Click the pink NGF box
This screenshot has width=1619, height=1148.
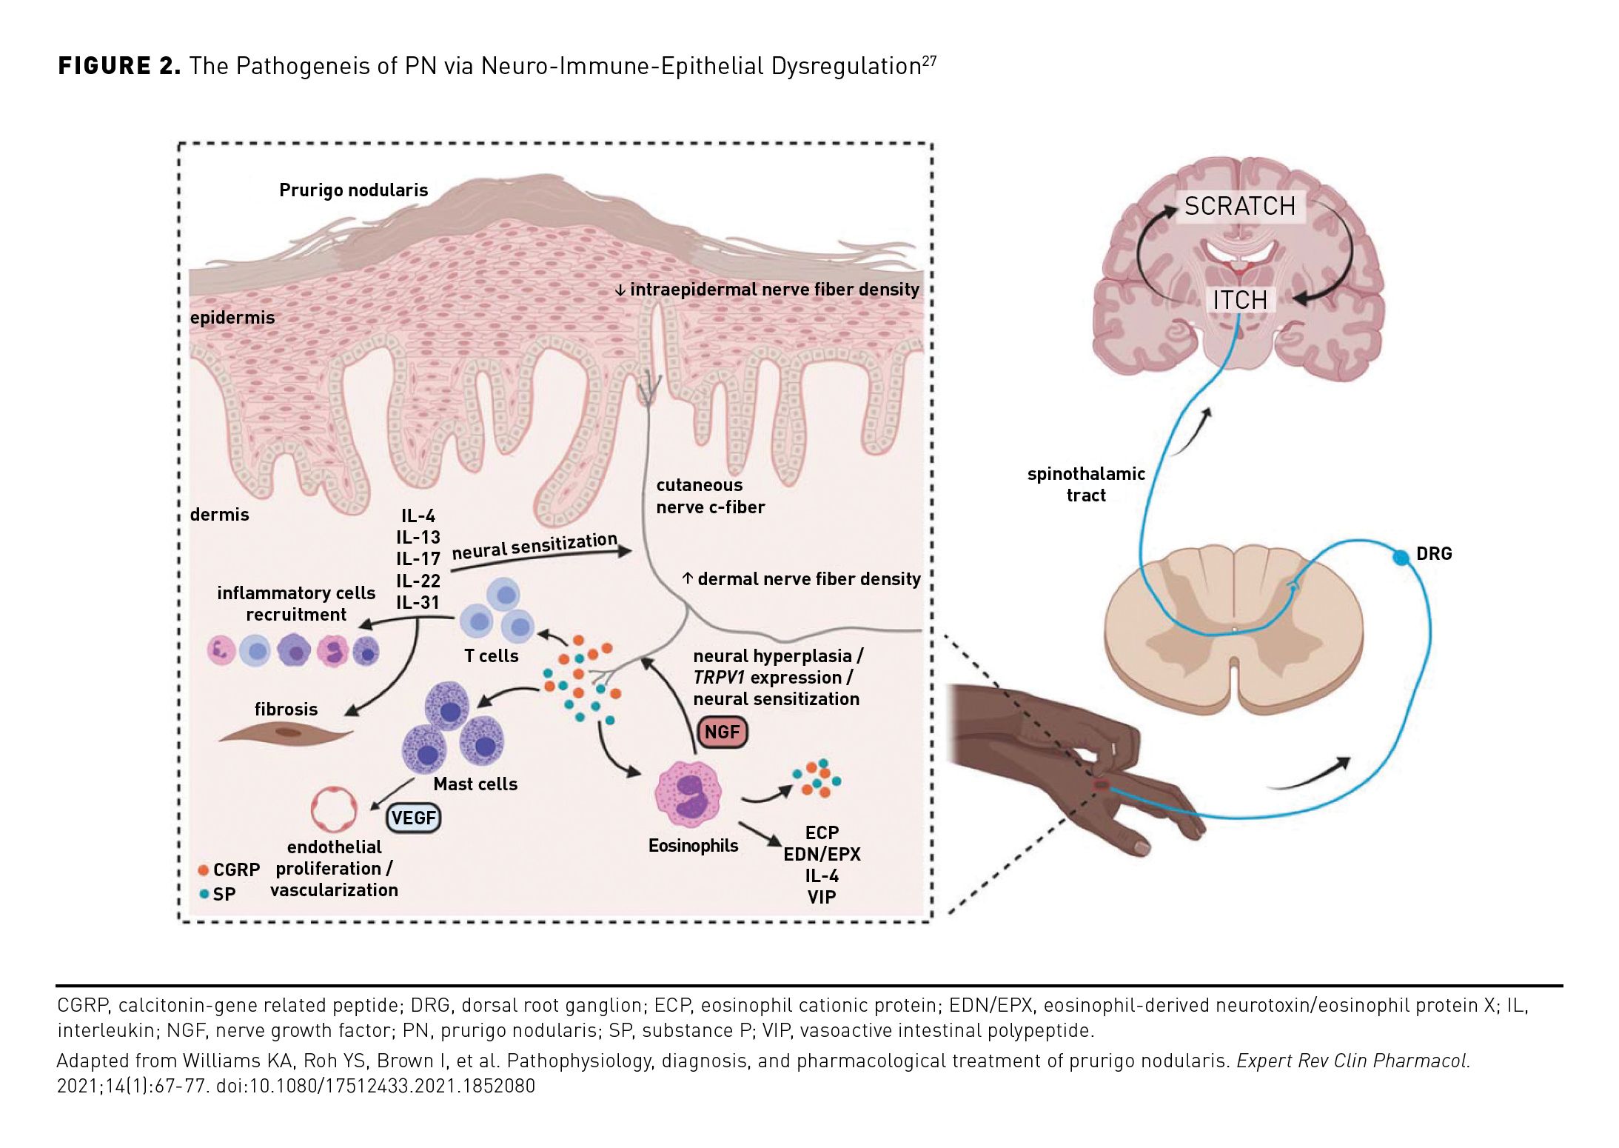722,732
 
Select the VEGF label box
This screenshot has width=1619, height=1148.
414,818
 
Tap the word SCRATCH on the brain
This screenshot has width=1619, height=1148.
1239,206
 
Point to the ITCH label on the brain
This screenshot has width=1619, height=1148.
1240,300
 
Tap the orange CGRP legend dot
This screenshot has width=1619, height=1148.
204,870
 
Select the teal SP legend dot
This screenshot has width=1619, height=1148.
204,894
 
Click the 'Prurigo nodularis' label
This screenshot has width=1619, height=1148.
353,190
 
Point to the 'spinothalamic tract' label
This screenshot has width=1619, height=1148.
1085,484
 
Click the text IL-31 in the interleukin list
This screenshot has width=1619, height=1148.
418,602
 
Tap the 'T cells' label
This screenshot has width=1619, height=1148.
491,655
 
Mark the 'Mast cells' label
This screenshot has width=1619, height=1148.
475,784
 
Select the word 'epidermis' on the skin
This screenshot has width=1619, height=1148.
232,318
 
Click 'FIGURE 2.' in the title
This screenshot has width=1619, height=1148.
119,66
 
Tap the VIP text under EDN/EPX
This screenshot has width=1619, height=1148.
821,897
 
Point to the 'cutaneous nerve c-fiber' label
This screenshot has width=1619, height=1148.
710,496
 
